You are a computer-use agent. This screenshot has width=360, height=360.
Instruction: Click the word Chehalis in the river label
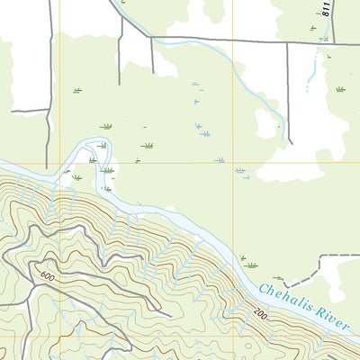click(x=287, y=302)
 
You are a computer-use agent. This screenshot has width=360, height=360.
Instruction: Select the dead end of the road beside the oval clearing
click(x=290, y=142)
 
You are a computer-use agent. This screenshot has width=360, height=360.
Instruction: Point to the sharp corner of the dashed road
click(x=320, y=257)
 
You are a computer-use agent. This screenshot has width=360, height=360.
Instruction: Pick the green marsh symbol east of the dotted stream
click(x=340, y=89)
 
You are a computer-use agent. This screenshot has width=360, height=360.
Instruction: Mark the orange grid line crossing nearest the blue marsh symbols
click(x=244, y=164)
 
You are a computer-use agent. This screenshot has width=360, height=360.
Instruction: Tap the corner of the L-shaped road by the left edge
click(x=47, y=111)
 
